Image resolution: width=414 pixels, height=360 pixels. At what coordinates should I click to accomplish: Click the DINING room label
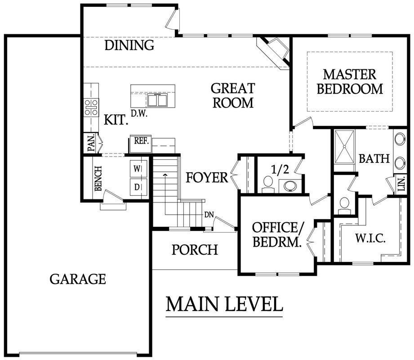pyautogui.click(x=129, y=45)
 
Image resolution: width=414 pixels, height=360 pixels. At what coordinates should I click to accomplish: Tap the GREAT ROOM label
pyautogui.click(x=233, y=95)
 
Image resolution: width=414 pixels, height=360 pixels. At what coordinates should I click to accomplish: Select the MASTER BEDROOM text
pyautogui.click(x=350, y=81)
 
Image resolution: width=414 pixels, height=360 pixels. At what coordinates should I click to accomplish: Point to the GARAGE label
pyautogui.click(x=78, y=279)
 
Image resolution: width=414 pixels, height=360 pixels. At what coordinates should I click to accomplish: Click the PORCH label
pyautogui.click(x=195, y=249)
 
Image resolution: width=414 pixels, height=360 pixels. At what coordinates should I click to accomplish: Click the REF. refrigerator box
pyautogui.click(x=141, y=144)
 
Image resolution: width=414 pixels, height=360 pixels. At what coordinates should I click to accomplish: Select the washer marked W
pyautogui.click(x=137, y=169)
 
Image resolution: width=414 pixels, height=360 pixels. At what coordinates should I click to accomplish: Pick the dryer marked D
pyautogui.click(x=137, y=187)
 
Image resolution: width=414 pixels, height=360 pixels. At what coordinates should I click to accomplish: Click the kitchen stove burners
pyautogui.click(x=91, y=108)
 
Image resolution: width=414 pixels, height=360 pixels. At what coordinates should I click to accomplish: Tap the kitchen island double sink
pyautogui.click(x=157, y=100)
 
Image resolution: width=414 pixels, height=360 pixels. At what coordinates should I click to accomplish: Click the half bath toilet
pyautogui.click(x=268, y=184)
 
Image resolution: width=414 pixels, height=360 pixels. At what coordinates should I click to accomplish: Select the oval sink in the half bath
pyautogui.click(x=290, y=185)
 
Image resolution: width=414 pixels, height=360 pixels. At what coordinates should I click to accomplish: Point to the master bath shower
pyautogui.click(x=344, y=146)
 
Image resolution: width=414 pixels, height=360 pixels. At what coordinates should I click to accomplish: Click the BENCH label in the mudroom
pyautogui.click(x=98, y=178)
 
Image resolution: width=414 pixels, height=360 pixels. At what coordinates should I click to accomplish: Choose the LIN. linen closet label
pyautogui.click(x=401, y=184)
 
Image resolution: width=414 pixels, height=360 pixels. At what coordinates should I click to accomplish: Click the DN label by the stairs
pyautogui.click(x=209, y=215)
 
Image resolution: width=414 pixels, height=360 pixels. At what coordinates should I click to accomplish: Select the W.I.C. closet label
pyautogui.click(x=370, y=238)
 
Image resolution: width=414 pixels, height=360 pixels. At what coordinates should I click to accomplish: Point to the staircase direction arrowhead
pyautogui.click(x=165, y=175)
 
